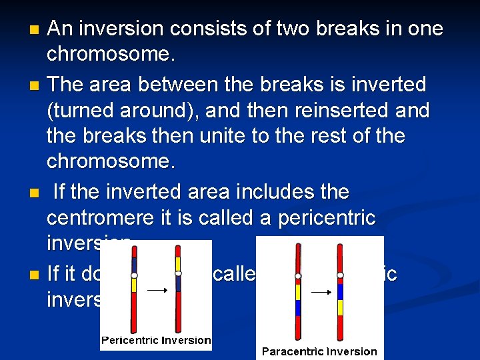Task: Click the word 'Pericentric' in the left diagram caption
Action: pyautogui.click(x=128, y=341)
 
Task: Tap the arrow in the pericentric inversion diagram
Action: pyautogui.click(x=157, y=291)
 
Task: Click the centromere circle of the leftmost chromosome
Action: pyautogui.click(x=134, y=275)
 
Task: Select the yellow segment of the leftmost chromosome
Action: pyautogui.click(x=134, y=285)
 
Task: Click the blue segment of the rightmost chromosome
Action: pyautogui.click(x=340, y=291)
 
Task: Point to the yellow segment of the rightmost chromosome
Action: pyautogui.click(x=340, y=307)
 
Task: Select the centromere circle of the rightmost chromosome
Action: pyautogui.click(x=340, y=275)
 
